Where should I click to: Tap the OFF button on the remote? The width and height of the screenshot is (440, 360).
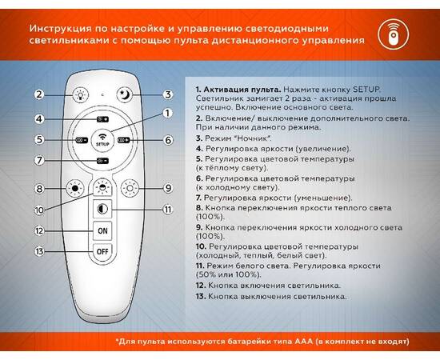102,250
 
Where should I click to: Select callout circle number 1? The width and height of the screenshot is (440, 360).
167,113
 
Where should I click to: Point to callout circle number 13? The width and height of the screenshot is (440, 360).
38,251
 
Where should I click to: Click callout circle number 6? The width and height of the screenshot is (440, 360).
168,140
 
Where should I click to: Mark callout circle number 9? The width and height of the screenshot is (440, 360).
167,189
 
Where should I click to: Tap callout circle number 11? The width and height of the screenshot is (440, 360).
167,210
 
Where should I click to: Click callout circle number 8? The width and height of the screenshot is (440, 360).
38,189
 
